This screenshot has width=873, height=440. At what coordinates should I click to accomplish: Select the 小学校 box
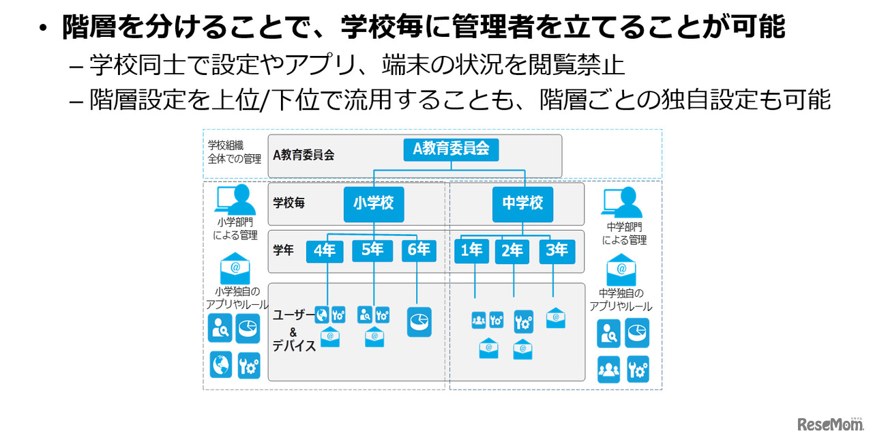pos(373,204)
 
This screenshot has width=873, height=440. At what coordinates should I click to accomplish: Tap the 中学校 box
pos(522,204)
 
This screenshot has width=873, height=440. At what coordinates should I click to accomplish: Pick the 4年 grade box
pos(325,251)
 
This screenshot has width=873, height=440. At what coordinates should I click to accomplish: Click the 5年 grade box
pos(372,251)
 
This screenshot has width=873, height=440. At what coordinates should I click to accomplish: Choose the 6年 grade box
pos(418,251)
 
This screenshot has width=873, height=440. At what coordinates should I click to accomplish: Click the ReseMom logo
pos(830,424)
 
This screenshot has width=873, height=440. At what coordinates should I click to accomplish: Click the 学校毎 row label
pos(289,203)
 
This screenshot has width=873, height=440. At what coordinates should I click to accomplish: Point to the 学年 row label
pos(283,250)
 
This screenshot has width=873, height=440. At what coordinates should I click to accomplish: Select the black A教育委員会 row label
pos(304,155)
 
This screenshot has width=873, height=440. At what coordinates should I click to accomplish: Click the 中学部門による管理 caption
pos(624,233)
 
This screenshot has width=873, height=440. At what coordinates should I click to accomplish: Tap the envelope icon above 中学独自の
pos(621,269)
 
